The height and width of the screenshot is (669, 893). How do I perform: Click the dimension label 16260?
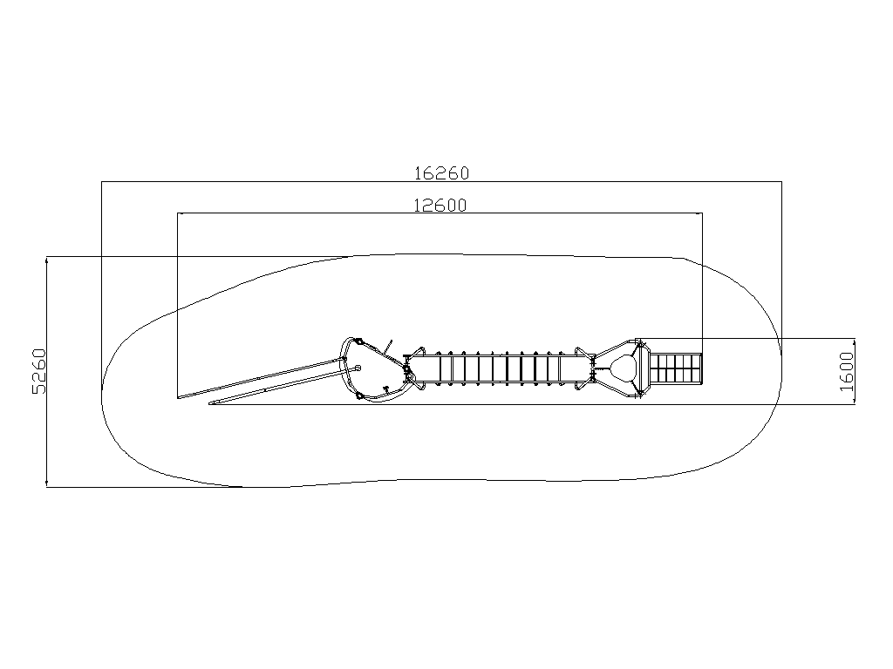coord(442,173)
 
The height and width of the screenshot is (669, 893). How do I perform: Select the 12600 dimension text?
coord(440,205)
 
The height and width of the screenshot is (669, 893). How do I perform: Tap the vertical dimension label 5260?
coord(39,371)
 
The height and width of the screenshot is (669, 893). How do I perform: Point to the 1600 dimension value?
coord(847,371)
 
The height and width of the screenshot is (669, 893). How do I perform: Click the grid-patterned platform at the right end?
coord(676,368)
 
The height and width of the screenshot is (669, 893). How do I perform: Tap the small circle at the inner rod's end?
coord(358,368)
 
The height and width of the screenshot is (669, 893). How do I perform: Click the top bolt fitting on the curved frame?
coord(359,341)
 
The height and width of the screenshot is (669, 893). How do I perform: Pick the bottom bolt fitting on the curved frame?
coord(358,395)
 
